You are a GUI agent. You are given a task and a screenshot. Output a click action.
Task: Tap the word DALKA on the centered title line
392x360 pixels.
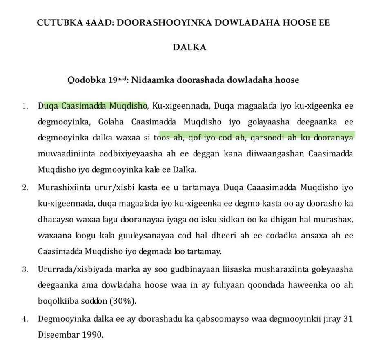189,47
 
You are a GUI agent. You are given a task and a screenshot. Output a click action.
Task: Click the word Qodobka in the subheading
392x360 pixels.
87,80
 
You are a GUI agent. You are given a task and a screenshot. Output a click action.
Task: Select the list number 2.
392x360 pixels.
25,188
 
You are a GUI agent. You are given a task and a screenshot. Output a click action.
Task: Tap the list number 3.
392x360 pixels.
25,270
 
